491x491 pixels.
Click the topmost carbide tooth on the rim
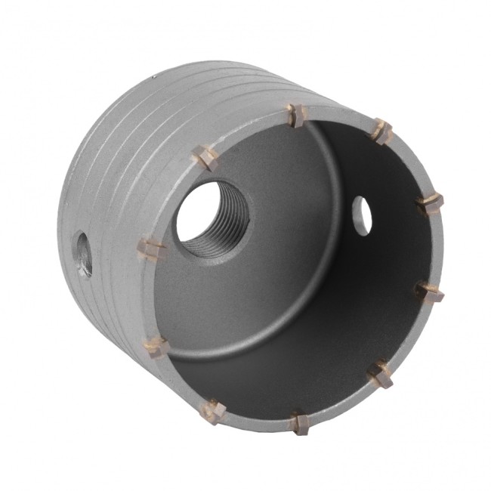point(293,116)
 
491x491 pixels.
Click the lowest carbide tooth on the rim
point(300,422)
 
